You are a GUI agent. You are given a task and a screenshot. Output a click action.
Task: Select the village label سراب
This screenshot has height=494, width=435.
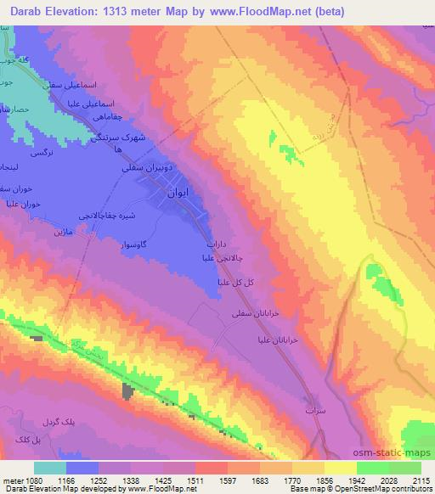(x=315, y=409)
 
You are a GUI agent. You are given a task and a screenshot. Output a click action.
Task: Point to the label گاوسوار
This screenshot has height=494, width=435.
(x=134, y=244)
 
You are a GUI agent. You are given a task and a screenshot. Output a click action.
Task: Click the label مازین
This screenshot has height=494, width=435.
(x=42, y=231)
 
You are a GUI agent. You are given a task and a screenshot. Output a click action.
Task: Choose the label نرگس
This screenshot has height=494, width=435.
(x=42, y=153)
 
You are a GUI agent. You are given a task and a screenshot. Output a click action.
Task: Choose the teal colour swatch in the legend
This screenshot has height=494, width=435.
(x=49, y=468)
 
